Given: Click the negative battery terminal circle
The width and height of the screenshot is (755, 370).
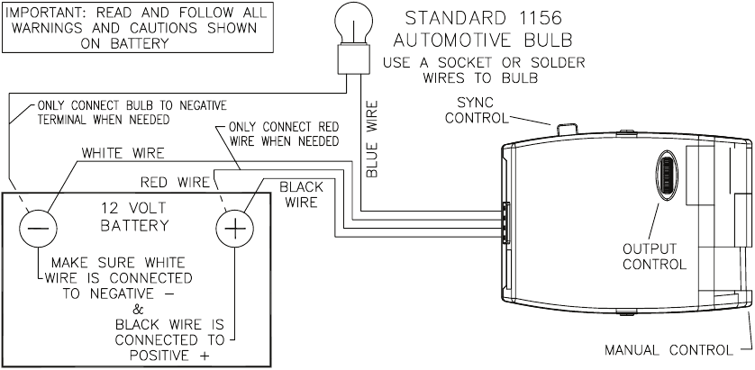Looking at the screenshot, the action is (38, 228).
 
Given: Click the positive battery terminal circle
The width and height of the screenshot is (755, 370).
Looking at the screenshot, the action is (234, 228).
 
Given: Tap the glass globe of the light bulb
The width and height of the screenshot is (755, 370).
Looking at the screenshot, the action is (354, 24).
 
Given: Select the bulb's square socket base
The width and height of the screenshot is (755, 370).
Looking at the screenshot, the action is (354, 59).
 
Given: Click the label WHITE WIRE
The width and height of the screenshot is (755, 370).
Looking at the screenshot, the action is (123, 153).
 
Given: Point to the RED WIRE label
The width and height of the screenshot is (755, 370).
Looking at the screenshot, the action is (176, 183).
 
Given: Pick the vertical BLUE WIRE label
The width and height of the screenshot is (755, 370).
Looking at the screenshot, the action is (372, 139).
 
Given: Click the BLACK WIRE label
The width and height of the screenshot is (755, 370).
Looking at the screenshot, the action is (302, 194).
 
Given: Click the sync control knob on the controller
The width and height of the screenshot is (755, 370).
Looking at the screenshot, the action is (568, 128).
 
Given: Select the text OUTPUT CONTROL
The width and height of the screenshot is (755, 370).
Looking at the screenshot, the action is (654, 257).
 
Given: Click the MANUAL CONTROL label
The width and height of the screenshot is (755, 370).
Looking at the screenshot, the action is (669, 350).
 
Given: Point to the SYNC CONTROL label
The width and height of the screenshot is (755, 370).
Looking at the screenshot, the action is (477, 110).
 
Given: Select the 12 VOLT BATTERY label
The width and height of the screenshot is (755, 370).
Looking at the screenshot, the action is (134, 217).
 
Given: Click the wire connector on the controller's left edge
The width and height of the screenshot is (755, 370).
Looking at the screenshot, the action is (505, 221).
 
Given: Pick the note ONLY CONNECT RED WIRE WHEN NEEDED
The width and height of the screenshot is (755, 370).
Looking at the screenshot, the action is (284, 134).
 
